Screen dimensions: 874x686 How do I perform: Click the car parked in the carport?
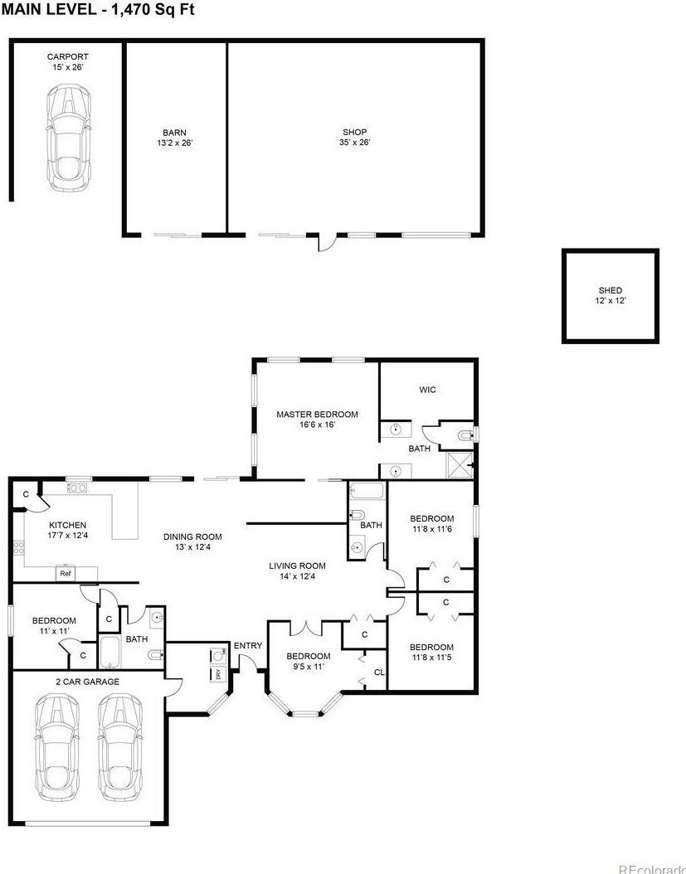pyautogui.click(x=67, y=138)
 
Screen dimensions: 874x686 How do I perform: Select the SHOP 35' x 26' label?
pyautogui.click(x=355, y=137)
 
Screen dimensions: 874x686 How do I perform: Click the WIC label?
pyautogui.click(x=427, y=390)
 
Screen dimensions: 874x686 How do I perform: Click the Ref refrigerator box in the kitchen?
pyautogui.click(x=65, y=573)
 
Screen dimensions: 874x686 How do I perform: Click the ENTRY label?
pyautogui.click(x=247, y=646)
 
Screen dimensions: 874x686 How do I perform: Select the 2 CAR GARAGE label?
pyautogui.click(x=87, y=682)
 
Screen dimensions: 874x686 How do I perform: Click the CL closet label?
pyautogui.click(x=378, y=672)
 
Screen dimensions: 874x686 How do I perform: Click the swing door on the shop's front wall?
pyautogui.click(x=326, y=242)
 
